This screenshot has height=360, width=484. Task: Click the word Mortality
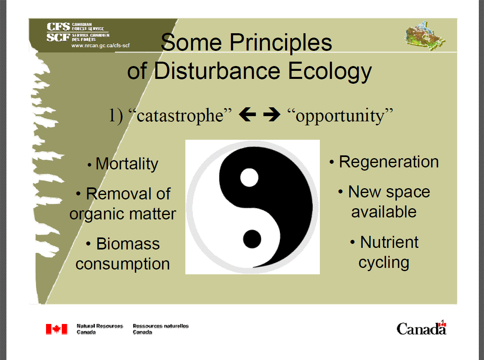(x=127, y=164)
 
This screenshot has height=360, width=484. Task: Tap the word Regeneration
(x=389, y=162)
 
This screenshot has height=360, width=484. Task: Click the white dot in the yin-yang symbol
(x=249, y=177)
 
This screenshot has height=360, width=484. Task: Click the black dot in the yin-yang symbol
(x=253, y=239)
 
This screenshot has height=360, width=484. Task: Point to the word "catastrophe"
(x=181, y=116)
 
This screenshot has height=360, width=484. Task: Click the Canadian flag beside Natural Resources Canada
(x=56, y=329)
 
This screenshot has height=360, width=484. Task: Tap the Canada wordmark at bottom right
(x=421, y=328)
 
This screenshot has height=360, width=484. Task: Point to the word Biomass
(x=128, y=244)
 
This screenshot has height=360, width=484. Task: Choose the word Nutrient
(x=389, y=242)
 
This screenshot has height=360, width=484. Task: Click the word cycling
(x=384, y=262)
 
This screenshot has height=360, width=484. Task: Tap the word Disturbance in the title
(x=217, y=71)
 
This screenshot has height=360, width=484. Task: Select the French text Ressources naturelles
(x=161, y=326)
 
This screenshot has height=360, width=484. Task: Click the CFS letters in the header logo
(x=58, y=27)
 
